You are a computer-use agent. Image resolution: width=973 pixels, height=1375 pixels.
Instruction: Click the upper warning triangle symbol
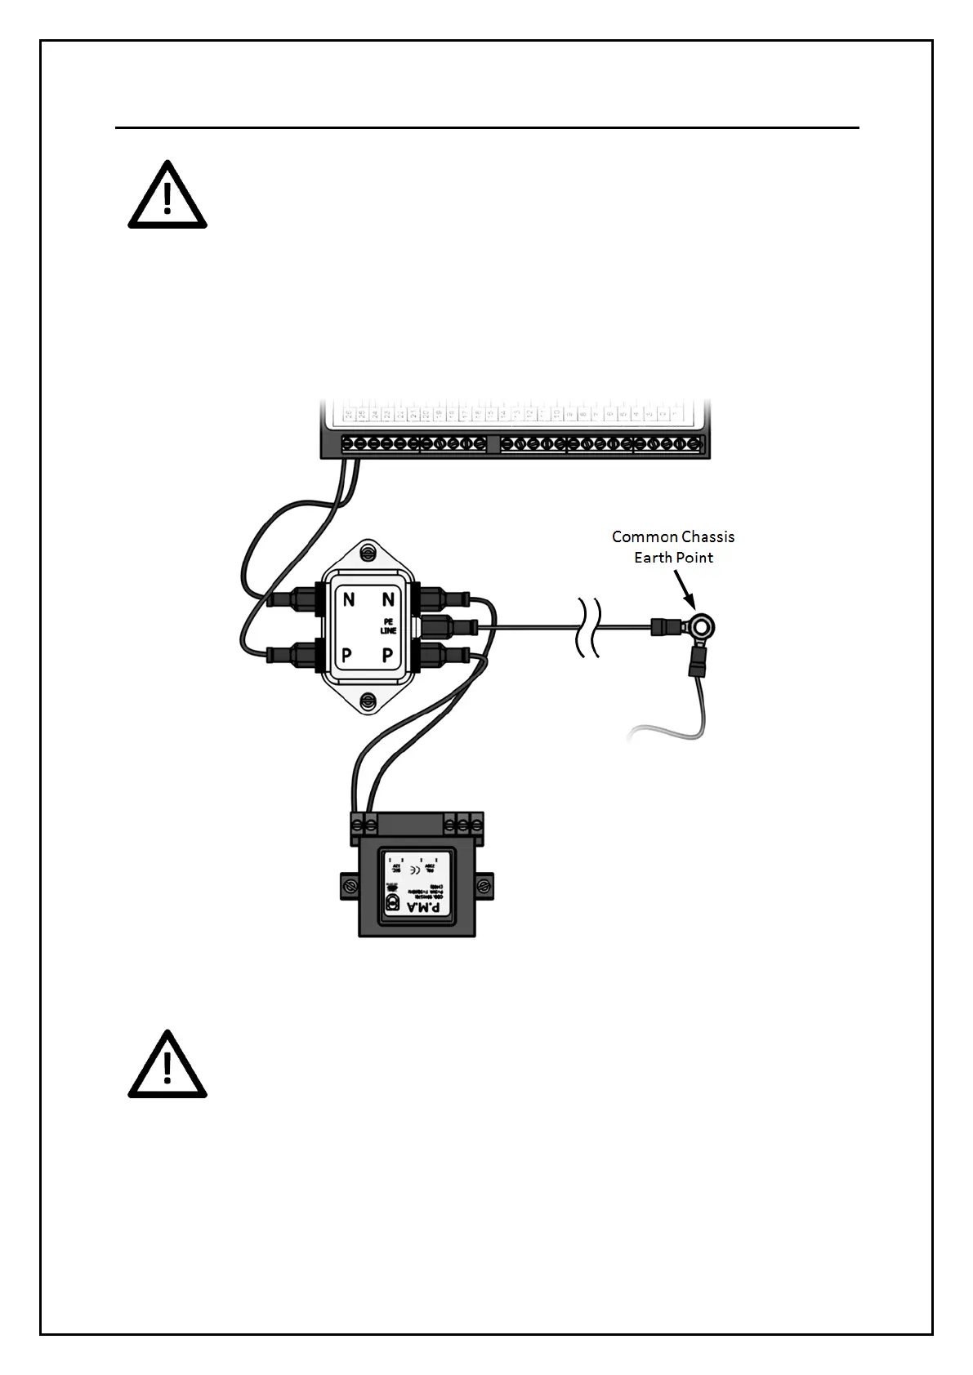(x=167, y=196)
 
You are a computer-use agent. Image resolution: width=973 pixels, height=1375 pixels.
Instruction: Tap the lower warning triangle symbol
(x=167, y=1066)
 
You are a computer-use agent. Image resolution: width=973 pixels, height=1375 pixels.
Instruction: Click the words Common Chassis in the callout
(x=672, y=536)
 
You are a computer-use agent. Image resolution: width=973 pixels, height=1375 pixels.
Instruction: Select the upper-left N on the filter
(x=349, y=600)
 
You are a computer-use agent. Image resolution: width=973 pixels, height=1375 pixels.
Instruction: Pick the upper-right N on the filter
(x=388, y=600)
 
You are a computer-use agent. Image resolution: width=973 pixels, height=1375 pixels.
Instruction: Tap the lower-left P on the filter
(x=347, y=655)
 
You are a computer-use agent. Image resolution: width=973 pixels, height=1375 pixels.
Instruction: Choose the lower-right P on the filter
(x=388, y=655)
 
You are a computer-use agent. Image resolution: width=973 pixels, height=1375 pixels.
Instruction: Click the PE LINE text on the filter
(x=388, y=626)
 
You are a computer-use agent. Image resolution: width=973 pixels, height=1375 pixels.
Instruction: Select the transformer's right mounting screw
(x=484, y=885)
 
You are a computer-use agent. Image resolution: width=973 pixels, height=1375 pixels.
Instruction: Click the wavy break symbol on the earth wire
(x=589, y=627)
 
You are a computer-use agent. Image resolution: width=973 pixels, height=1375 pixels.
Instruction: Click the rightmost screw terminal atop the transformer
(x=476, y=824)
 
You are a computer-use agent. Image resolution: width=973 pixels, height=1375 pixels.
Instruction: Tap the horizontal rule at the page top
(x=487, y=127)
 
